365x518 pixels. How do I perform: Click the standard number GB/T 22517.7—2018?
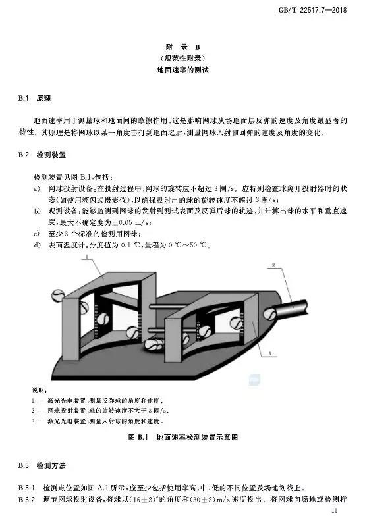tap(312, 10)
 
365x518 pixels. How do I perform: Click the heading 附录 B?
tap(182, 47)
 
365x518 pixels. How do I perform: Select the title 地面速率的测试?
tap(183, 70)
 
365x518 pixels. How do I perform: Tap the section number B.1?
tap(24, 99)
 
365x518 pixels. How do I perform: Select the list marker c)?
tap(37, 234)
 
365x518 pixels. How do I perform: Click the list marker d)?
tap(37, 245)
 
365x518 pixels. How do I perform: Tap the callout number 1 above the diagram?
tap(86, 256)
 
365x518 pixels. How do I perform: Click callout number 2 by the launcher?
tap(273, 265)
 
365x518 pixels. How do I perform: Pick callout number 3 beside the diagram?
tap(269, 354)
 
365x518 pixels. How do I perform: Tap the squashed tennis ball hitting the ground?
tap(154, 344)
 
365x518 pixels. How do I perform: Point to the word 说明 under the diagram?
tap(39, 390)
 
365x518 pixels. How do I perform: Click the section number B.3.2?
tap(26, 499)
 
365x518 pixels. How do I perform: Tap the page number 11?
tap(334, 510)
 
